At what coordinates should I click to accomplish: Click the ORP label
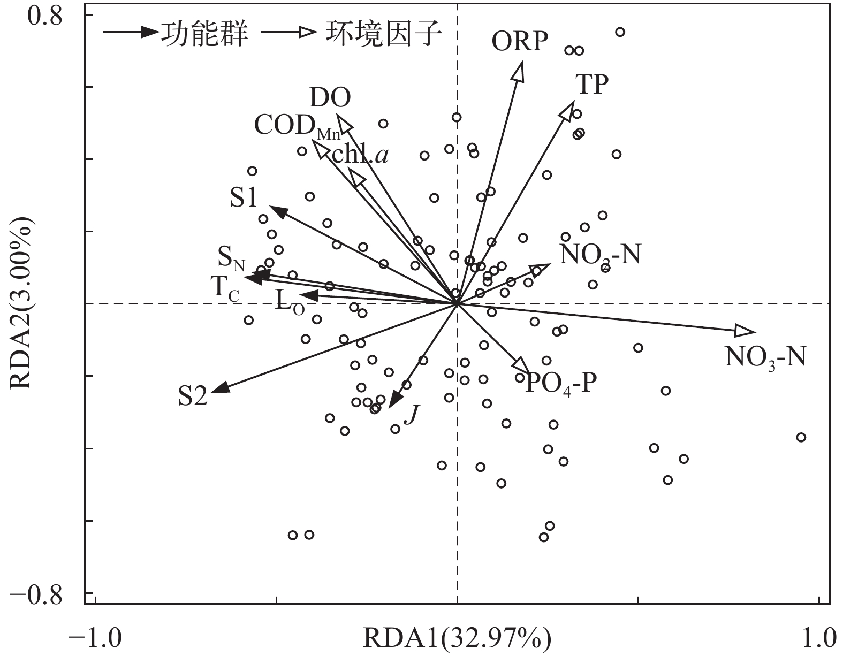click(x=520, y=42)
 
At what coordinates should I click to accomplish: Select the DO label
click(x=330, y=98)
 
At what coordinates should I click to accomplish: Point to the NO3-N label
click(x=765, y=357)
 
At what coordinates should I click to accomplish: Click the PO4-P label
click(x=560, y=383)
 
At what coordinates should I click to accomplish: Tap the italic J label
click(x=411, y=414)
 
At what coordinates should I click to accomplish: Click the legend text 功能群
click(x=204, y=34)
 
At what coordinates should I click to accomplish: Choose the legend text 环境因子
click(x=383, y=34)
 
